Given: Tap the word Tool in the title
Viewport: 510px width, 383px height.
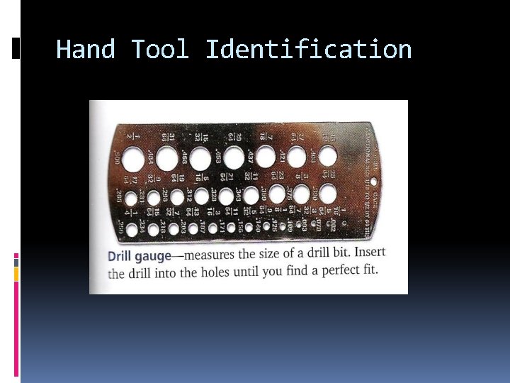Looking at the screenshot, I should (160, 50).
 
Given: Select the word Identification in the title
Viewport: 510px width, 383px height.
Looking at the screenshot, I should (308, 50).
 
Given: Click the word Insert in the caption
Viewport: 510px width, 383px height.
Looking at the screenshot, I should (370, 252).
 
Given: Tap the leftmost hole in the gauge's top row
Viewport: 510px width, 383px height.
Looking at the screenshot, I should (132, 157).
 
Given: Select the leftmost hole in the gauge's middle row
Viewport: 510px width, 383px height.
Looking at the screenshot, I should (130, 197).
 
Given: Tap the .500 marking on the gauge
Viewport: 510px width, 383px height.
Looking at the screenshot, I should (116, 157).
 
